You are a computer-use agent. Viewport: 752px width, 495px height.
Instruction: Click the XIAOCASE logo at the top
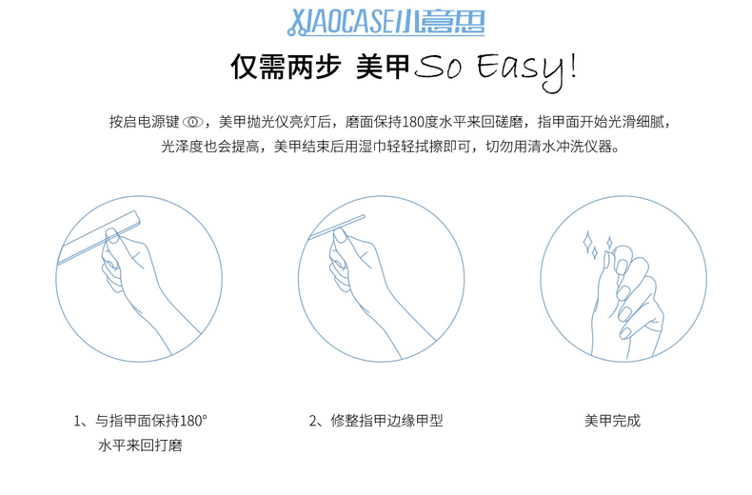coord(386,22)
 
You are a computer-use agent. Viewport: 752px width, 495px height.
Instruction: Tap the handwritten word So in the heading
coord(438,68)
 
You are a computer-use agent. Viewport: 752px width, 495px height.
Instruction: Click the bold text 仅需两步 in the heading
coord(286,67)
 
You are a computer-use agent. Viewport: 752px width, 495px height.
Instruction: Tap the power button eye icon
coord(192,122)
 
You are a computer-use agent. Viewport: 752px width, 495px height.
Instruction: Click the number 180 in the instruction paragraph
coord(414,122)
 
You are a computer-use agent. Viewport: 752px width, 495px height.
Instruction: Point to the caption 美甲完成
coord(612,421)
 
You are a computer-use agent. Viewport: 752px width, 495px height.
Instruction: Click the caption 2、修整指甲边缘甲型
coord(376,421)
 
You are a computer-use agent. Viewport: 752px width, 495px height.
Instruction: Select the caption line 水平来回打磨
coord(140,445)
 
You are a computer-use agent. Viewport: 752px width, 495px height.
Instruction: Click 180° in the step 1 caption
coord(194,421)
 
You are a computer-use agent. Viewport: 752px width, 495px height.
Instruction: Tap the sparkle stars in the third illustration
coord(595,245)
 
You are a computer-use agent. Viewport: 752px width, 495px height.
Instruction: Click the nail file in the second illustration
coord(337,227)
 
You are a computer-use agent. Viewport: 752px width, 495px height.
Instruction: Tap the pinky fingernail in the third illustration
coord(624,333)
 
